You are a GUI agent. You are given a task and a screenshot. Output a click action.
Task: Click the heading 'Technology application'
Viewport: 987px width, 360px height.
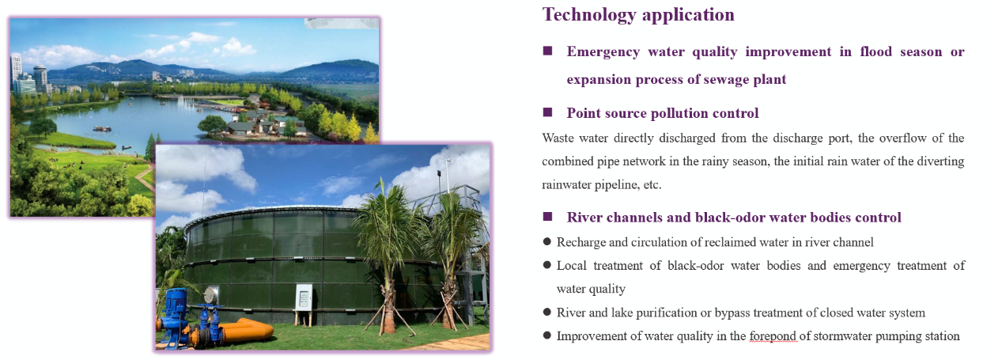point(638,14)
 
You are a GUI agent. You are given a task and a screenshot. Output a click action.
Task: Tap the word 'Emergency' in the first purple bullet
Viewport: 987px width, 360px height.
point(603,52)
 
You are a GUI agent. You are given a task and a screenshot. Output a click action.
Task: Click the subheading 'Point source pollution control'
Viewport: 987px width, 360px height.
point(663,113)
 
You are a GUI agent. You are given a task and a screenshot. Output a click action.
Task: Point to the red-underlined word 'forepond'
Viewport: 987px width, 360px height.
point(773,336)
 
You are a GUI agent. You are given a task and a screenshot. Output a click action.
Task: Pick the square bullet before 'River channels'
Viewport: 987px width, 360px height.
point(548,217)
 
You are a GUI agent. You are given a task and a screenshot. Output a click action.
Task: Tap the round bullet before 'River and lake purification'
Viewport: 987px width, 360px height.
point(547,313)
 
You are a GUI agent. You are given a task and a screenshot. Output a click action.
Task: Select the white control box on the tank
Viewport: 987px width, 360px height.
point(304,296)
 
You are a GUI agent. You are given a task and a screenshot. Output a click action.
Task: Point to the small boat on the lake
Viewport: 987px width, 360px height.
point(102,129)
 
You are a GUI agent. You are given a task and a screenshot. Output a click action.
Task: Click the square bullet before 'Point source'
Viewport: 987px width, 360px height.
point(548,112)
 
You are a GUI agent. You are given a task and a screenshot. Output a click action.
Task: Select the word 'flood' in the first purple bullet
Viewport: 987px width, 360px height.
point(876,52)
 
